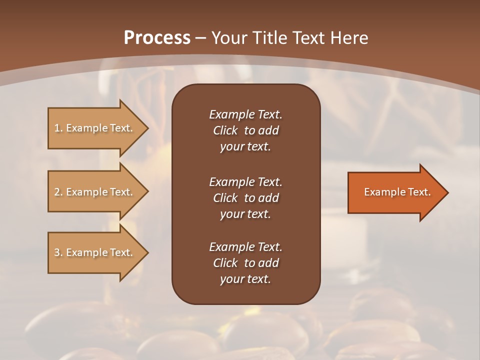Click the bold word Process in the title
click(157, 38)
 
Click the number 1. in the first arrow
click(58, 128)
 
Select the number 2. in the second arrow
click(58, 192)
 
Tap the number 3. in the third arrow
click(58, 252)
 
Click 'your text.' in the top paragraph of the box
click(245, 147)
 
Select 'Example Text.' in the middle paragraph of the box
click(245, 182)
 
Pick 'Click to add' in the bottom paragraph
click(245, 263)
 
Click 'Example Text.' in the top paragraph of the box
click(245, 114)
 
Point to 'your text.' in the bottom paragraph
click(245, 279)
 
